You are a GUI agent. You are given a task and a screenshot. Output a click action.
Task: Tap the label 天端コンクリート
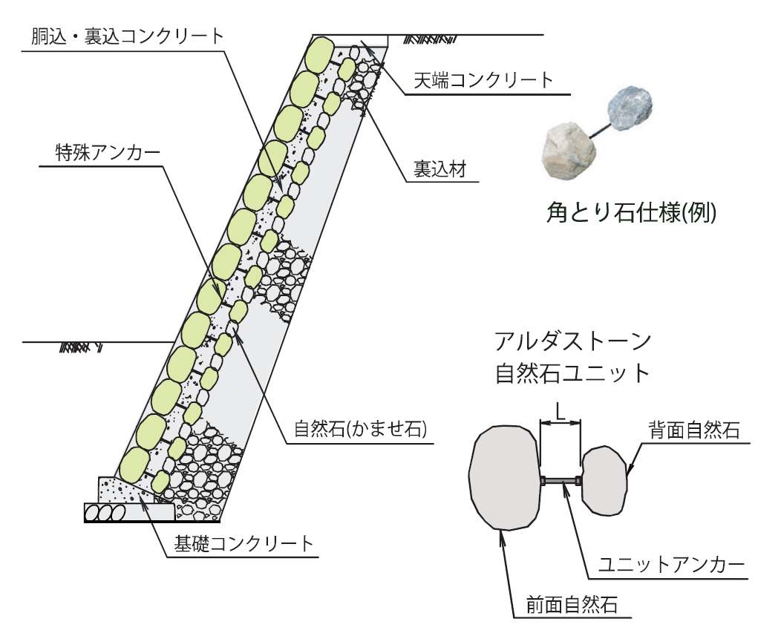pos(483,80)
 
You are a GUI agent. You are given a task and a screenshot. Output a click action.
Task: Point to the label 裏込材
pos(440,170)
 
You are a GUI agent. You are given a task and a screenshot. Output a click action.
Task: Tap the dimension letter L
pos(561,410)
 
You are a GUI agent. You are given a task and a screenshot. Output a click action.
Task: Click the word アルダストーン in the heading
pos(572,342)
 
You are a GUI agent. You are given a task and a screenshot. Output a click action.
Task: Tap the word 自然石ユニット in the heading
pos(572,372)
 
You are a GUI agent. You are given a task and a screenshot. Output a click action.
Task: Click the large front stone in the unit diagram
pos(504,477)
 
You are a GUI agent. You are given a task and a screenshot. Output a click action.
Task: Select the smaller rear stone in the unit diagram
pos(604,480)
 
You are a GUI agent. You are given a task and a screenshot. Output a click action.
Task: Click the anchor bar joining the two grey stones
pos(561,482)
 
